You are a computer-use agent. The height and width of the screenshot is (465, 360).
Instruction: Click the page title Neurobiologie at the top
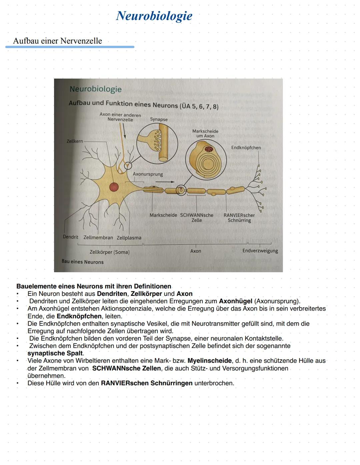click(x=154, y=16)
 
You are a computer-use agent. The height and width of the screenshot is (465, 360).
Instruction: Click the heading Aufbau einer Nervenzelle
click(x=57, y=41)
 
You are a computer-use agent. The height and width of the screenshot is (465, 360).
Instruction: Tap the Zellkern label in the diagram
click(x=75, y=141)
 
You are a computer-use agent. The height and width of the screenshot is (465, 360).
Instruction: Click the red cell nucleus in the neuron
click(x=114, y=187)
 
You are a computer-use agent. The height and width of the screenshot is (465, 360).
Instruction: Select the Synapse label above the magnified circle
click(x=159, y=119)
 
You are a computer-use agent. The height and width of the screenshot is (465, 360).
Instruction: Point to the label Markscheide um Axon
click(x=205, y=133)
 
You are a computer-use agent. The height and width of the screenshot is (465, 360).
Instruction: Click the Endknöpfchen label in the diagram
click(x=246, y=147)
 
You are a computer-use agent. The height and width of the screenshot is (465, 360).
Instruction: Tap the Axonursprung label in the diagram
click(x=148, y=174)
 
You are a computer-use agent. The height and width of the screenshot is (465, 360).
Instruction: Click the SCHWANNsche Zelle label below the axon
click(x=197, y=217)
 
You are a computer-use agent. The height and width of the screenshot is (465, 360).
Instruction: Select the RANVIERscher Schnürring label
click(x=239, y=217)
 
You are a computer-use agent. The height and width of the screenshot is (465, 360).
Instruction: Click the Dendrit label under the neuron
click(x=70, y=237)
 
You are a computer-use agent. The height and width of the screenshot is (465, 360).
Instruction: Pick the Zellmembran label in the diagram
click(x=98, y=238)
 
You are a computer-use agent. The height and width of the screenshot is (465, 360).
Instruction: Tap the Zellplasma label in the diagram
click(x=129, y=238)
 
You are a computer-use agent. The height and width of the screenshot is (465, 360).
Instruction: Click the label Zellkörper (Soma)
click(x=109, y=252)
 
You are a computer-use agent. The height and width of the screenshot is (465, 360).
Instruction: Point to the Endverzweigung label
click(x=260, y=251)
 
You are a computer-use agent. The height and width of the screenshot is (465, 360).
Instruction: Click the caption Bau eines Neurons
click(x=82, y=262)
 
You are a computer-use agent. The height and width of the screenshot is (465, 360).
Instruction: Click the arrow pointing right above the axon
click(x=165, y=182)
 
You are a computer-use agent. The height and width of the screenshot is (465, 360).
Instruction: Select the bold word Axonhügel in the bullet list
click(x=235, y=301)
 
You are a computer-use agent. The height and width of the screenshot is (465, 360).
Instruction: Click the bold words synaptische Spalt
click(x=55, y=353)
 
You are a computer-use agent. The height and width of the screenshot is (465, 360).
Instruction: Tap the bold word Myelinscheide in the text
click(x=209, y=361)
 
